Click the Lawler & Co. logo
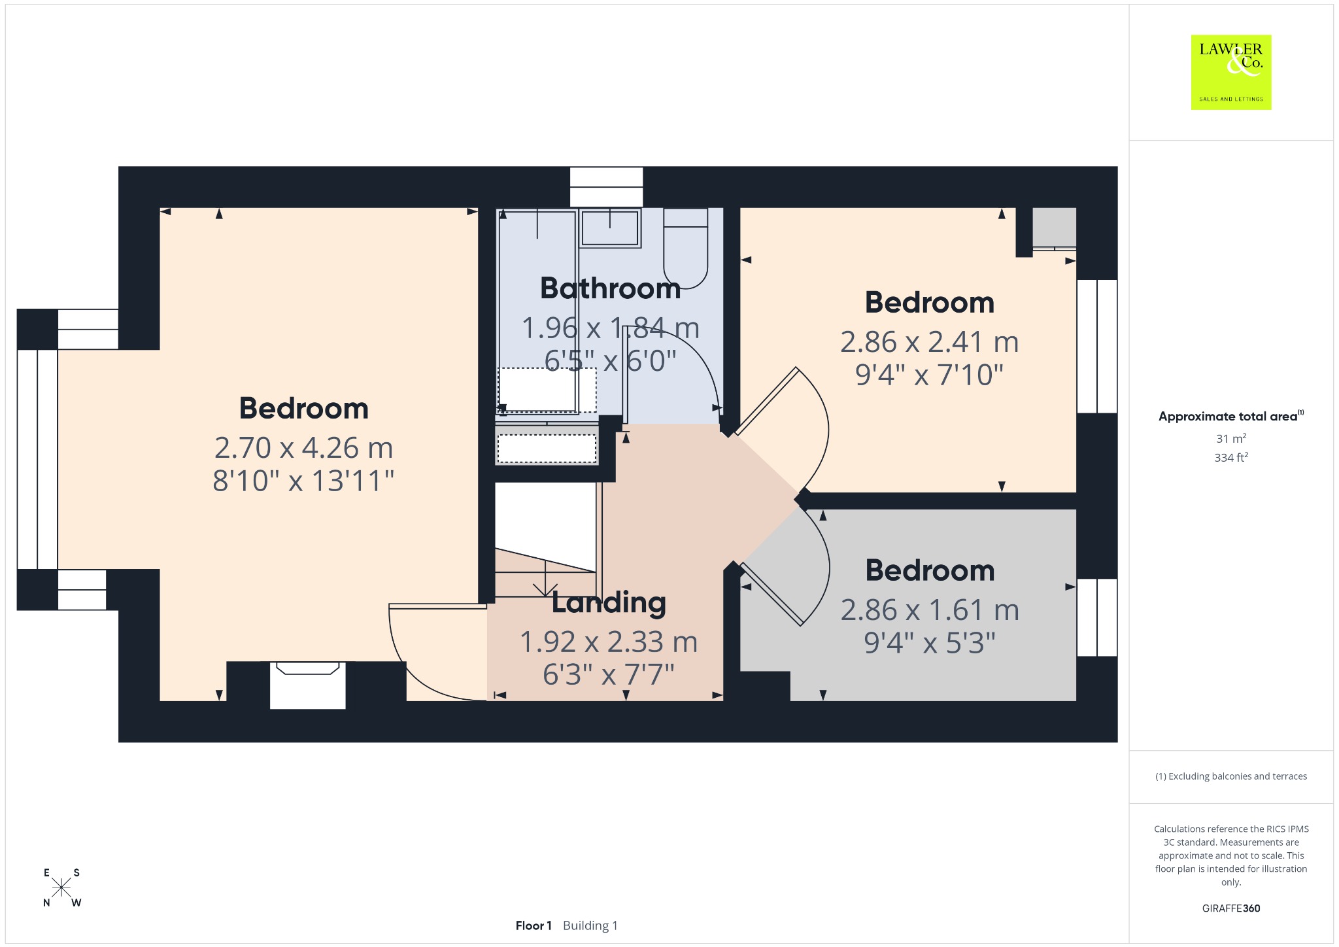[1231, 72]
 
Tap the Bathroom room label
[611, 288]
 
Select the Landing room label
[609, 603]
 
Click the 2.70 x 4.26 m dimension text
[304, 448]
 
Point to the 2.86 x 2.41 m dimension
[930, 342]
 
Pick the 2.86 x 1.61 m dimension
[930, 610]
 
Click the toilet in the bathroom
[686, 248]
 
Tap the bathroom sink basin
[610, 228]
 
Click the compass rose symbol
[61, 887]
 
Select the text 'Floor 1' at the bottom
[534, 925]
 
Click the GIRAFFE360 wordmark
[1231, 908]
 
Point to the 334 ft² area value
[1231, 457]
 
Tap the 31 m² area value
[1231, 438]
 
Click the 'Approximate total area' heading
[1231, 416]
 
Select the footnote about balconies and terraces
[1231, 776]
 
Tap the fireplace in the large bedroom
[307, 685]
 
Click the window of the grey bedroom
[1097, 617]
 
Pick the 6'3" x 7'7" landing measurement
[609, 674]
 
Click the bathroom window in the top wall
[606, 187]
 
